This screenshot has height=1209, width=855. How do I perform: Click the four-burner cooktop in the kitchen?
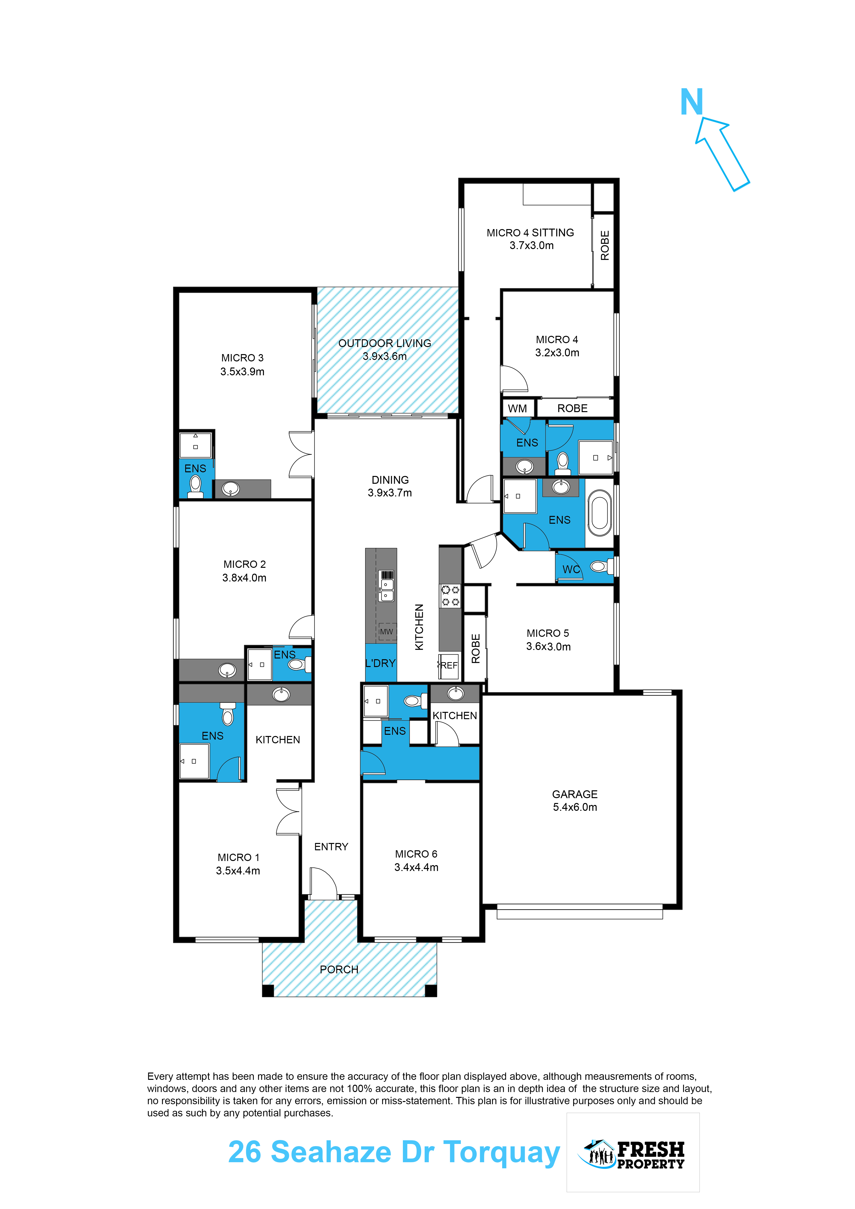tap(450, 596)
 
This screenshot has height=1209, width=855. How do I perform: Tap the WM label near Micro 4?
tap(517, 409)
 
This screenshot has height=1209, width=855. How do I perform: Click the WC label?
tap(571, 569)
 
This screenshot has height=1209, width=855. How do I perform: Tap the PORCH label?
tap(339, 969)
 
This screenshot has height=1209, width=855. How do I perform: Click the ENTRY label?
tap(331, 847)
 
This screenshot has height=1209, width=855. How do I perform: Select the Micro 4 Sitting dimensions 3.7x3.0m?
tap(531, 245)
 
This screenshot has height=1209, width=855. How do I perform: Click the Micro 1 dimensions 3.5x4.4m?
tap(238, 871)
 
